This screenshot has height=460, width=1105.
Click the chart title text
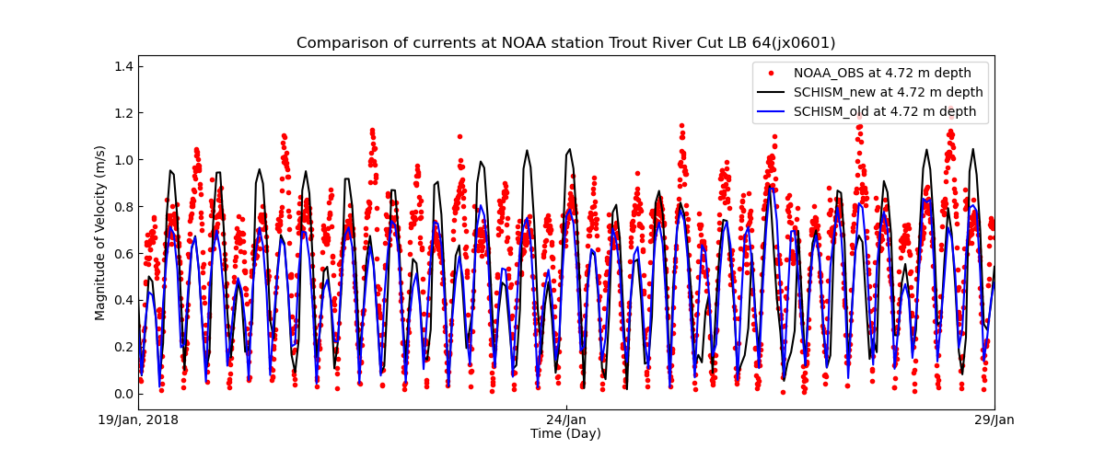(x=565, y=43)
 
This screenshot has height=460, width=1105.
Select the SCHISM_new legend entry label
(x=888, y=92)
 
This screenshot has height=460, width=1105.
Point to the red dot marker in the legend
(x=771, y=73)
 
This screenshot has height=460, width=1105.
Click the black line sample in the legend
(x=771, y=92)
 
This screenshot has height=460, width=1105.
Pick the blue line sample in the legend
(x=771, y=111)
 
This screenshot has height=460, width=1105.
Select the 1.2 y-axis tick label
(x=122, y=113)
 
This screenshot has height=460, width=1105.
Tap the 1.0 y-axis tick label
(x=122, y=160)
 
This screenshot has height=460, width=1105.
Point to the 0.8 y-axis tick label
(x=122, y=207)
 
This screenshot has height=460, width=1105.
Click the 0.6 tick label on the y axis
(x=122, y=254)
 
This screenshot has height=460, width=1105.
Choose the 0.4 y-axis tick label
(x=122, y=301)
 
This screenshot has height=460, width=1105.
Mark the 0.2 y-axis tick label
(x=122, y=348)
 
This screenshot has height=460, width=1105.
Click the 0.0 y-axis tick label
(x=122, y=394)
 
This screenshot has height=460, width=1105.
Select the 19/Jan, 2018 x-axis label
(x=139, y=420)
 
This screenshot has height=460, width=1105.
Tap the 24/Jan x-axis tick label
(x=565, y=420)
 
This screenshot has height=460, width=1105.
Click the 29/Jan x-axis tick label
(x=994, y=420)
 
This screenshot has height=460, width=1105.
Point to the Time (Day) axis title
(x=565, y=433)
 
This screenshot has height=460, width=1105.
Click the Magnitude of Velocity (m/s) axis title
(x=100, y=233)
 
